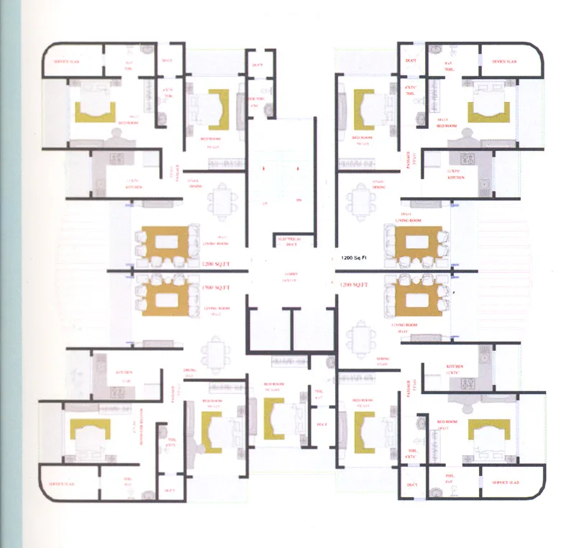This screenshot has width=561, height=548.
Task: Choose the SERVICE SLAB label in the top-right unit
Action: (x=505, y=62)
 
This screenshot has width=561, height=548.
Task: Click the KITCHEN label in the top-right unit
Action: (x=455, y=177)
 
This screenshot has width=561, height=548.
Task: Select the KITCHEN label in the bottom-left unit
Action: (x=125, y=372)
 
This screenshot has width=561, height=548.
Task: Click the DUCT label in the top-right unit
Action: (x=411, y=60)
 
